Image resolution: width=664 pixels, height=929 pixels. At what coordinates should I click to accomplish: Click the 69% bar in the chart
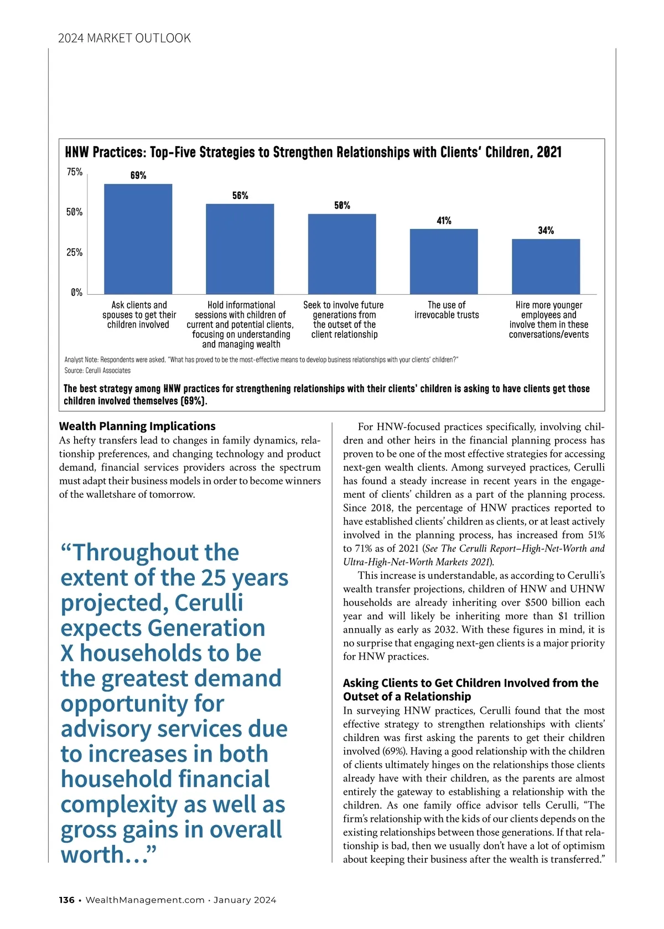138,239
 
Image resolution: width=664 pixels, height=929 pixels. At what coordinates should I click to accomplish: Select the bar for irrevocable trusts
444,261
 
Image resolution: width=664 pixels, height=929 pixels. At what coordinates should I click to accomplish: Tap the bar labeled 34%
546,267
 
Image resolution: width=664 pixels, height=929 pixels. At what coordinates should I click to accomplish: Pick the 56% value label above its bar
240,196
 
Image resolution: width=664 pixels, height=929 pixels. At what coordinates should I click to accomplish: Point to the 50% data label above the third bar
342,206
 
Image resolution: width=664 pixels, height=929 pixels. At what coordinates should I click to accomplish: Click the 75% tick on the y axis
75,172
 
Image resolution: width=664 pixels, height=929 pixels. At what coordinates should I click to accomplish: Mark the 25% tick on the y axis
75,253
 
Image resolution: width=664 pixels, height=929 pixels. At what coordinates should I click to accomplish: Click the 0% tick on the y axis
76,293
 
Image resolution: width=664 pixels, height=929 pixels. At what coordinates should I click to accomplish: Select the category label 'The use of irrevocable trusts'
447,310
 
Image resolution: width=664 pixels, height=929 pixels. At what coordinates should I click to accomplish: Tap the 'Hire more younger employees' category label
549,320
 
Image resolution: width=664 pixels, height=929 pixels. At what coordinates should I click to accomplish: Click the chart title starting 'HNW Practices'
313,153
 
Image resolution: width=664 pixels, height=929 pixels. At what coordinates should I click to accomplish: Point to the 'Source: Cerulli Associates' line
97,370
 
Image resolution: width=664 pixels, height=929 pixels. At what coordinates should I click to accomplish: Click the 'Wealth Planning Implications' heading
137,426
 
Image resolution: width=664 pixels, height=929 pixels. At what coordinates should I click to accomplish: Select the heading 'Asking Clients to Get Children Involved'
470,690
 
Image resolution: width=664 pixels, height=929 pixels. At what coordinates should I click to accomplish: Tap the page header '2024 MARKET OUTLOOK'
124,38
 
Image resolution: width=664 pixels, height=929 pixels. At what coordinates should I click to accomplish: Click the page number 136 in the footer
66,900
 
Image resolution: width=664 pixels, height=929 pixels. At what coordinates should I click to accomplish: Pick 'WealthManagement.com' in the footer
145,900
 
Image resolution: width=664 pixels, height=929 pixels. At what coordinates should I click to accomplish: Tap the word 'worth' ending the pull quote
92,855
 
